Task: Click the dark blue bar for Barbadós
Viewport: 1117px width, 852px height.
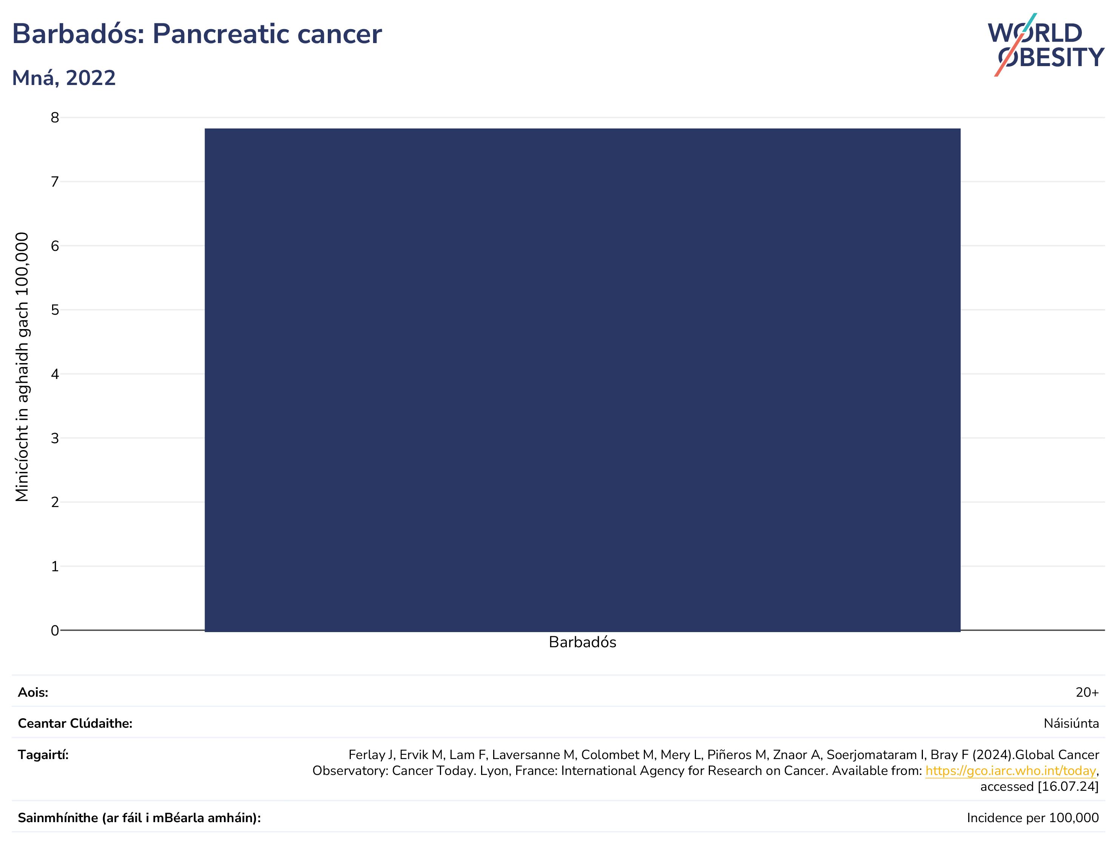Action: coord(582,379)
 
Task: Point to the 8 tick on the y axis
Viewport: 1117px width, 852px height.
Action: coord(55,118)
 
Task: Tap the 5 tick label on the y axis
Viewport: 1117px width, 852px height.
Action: coord(55,310)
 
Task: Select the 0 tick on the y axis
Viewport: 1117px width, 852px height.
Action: coord(55,630)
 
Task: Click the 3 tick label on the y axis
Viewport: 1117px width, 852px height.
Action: coord(55,438)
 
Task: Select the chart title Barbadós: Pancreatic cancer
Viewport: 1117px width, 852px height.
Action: coord(197,34)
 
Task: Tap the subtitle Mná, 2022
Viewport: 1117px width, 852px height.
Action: coord(64,78)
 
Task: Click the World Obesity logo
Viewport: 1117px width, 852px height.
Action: coord(1046,45)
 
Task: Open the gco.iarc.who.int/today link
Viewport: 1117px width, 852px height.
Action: coord(1011,771)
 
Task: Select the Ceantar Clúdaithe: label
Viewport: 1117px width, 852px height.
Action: coord(75,723)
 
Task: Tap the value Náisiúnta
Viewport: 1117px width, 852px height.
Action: coord(1071,723)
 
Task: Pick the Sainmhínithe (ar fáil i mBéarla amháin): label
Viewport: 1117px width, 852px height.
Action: coord(139,818)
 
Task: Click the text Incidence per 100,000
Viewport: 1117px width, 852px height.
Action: coord(1033,818)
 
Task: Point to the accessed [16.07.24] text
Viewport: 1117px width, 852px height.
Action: coord(1040,787)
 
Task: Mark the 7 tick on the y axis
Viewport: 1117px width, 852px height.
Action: coord(55,182)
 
